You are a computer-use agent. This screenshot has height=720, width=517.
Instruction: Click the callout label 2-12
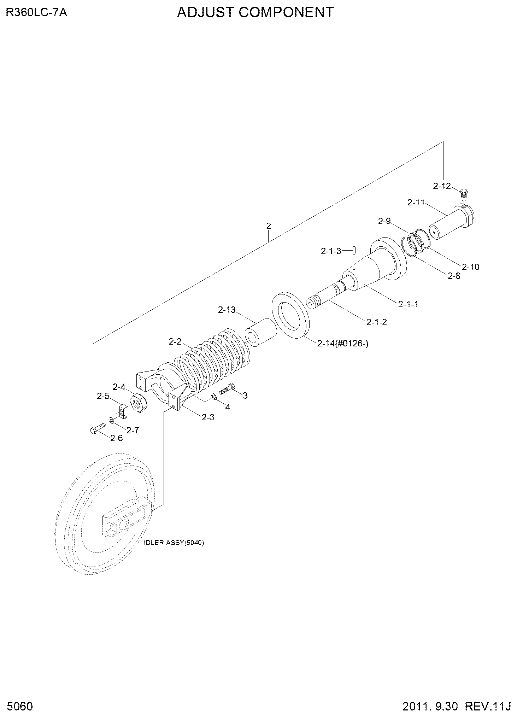click(x=442, y=186)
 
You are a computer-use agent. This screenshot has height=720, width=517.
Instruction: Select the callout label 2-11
click(x=416, y=203)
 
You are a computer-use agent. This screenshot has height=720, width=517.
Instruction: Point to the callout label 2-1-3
click(x=331, y=251)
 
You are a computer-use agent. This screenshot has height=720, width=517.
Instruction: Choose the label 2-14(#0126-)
click(x=343, y=343)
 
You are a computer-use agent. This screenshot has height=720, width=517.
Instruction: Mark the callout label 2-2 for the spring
click(x=175, y=342)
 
